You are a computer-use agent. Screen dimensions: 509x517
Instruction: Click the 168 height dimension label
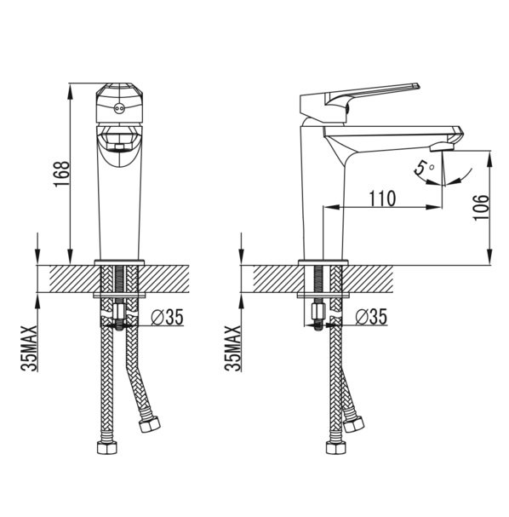pyautogui.click(x=61, y=174)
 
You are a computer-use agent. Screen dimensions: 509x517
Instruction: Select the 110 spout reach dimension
pyautogui.click(x=382, y=198)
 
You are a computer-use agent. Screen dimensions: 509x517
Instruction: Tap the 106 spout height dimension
pyautogui.click(x=481, y=207)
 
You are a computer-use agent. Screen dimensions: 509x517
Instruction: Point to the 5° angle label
pyautogui.click(x=424, y=168)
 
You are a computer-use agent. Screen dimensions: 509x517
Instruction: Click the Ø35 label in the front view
pyautogui.click(x=167, y=317)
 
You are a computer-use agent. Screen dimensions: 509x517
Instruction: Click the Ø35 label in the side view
pyautogui.click(x=371, y=317)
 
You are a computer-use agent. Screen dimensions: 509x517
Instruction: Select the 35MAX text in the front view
pyautogui.click(x=29, y=348)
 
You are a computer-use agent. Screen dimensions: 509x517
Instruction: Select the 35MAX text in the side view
pyautogui.click(x=233, y=348)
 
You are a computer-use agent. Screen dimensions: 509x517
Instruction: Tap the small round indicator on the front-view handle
pyautogui.click(x=118, y=108)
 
